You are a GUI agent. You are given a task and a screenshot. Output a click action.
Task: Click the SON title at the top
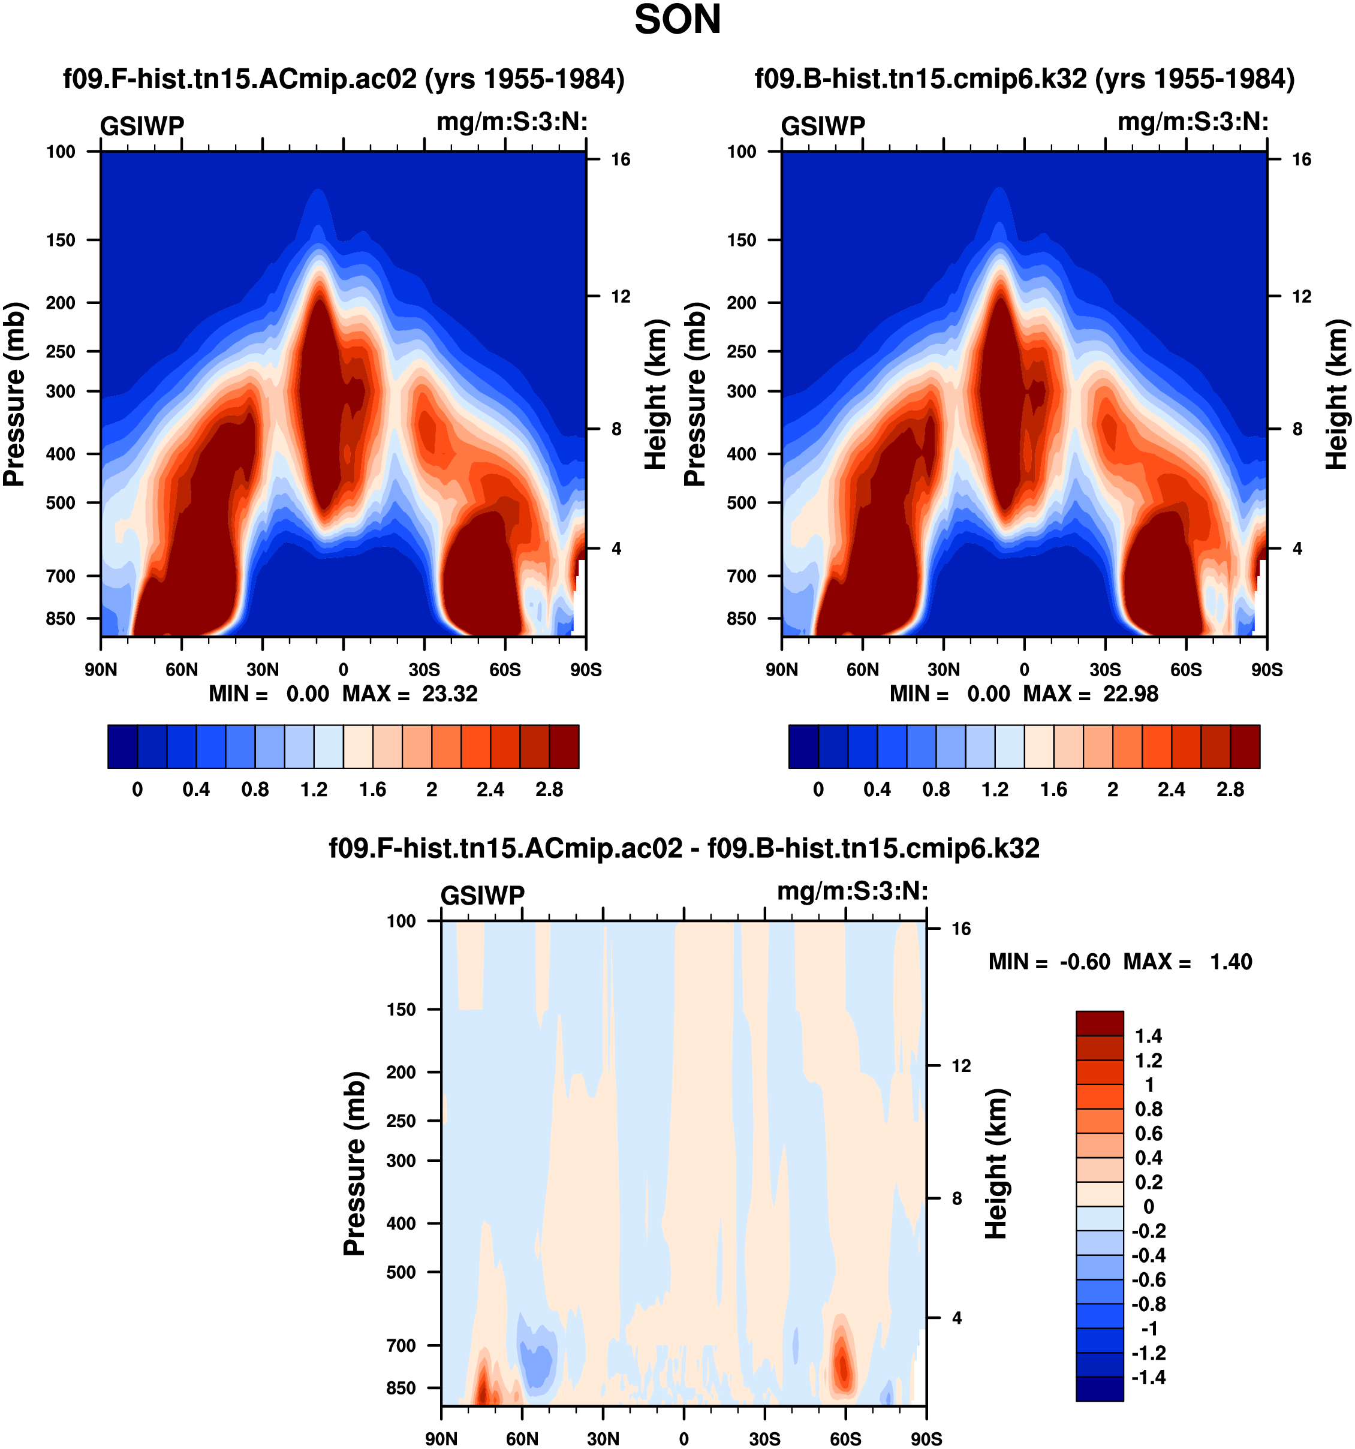coord(677,20)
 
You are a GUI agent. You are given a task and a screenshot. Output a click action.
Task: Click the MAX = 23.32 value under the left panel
coord(409,693)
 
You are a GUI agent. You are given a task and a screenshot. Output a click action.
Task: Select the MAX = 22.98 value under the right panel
coord(1091,693)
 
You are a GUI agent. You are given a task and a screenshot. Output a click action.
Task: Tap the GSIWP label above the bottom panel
coord(483,895)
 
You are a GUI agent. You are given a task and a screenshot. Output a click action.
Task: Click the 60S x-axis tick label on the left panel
coord(505,670)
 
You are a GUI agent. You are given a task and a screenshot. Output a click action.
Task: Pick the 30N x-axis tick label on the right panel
coord(943,670)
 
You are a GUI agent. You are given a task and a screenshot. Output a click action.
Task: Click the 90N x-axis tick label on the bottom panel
coord(441,1439)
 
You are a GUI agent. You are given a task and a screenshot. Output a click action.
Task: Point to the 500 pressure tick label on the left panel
coord(61,503)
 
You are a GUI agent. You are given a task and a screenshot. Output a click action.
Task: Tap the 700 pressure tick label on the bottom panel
coord(401,1345)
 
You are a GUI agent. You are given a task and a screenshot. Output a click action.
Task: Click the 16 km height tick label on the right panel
coord(1302,159)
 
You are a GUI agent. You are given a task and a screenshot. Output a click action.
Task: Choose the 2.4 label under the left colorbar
coord(490,790)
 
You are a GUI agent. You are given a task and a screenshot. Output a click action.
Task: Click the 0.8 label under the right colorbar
coord(936,790)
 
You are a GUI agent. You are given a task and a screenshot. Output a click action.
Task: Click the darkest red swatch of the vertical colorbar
coord(1099,1023)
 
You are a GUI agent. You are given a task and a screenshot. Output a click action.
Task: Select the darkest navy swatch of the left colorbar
coord(122,746)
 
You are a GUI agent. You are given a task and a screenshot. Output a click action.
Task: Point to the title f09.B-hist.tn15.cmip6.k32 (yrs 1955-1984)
coord(1024,79)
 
